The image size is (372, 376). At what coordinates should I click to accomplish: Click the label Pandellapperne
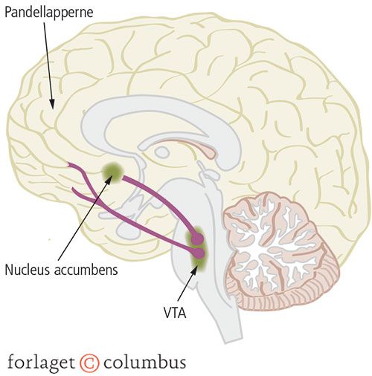pos(49,13)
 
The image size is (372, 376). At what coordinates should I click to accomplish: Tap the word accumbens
pos(86,270)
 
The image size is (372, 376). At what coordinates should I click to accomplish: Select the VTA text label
pos(175,313)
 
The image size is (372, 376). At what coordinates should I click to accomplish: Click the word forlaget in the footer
pos(41,363)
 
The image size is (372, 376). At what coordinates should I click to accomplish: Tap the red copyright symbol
pos(89,363)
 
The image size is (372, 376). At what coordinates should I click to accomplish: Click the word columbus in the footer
pos(144,362)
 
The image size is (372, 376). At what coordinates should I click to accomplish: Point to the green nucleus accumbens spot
pos(112,172)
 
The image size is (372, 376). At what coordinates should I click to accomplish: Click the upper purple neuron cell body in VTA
pos(198,239)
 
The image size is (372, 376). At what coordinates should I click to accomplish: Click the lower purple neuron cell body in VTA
pos(199,253)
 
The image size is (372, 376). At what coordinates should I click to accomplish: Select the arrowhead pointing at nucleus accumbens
pos(109,180)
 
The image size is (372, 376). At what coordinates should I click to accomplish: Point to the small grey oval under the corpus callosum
pos(162,151)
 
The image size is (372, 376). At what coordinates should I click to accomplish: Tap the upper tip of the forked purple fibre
pos(69,163)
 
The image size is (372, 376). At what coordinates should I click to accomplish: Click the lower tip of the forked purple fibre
pos(74,189)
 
